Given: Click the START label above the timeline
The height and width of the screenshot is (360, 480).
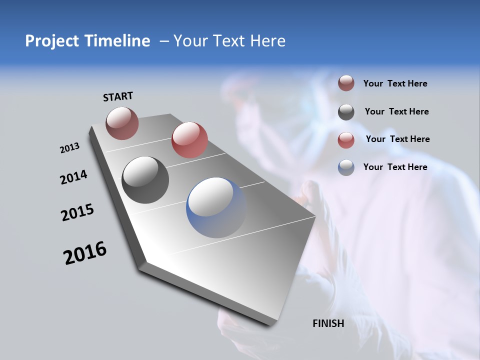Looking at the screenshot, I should coord(118,96).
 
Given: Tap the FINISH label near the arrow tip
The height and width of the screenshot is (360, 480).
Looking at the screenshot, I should coord(328,323).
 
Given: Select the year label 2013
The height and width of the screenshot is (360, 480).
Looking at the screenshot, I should coord(69,148).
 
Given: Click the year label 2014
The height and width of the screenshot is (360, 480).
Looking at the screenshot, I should coord(73,177).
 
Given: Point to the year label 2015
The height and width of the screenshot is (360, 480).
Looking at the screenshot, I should coord(77,213).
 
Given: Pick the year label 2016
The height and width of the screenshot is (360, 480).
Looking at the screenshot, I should coord(85,253).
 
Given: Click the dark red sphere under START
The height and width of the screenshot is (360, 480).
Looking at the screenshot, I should coord(122,123).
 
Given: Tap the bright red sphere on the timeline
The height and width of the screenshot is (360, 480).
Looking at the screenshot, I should coord(189,140).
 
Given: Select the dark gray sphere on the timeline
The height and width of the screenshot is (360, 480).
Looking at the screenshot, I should coord(145,179).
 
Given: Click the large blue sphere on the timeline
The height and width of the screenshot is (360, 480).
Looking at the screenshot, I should coord(216,207).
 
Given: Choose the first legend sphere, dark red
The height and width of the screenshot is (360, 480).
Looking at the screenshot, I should coord(346,83).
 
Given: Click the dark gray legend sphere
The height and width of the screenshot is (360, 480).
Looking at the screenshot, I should coord(346,112).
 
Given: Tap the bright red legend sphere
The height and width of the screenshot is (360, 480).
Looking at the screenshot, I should coord(346,139).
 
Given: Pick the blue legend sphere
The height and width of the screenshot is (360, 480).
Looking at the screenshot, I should coord(346,167).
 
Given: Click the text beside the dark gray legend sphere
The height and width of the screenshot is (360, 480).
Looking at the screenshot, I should coord(396,111).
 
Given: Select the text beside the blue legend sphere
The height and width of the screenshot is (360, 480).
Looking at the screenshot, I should coord(395,167).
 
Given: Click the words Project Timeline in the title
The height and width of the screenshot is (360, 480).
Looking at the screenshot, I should coord(87,41).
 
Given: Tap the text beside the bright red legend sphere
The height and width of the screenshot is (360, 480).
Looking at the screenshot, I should coord(397,139).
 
